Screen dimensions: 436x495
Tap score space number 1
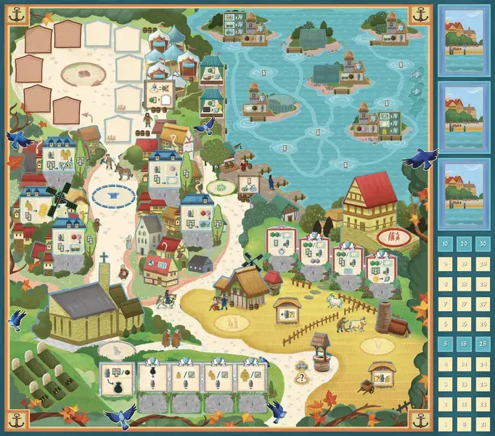point(444,422)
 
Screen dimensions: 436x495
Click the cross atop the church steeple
point(104,257)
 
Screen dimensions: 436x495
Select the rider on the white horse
point(165,298)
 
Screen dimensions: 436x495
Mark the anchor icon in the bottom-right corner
point(420,419)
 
